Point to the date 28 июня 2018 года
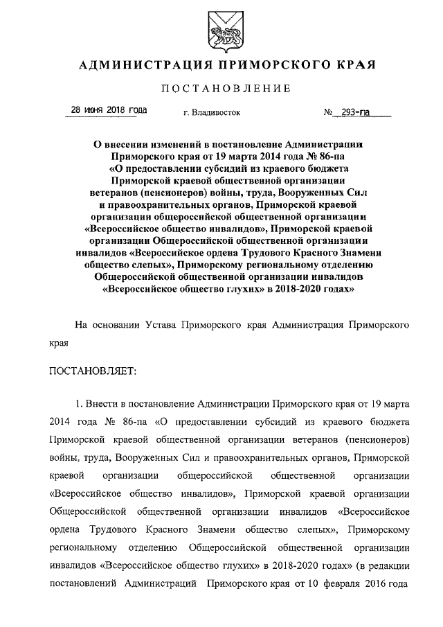click(110, 109)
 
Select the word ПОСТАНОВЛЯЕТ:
click(93, 371)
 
